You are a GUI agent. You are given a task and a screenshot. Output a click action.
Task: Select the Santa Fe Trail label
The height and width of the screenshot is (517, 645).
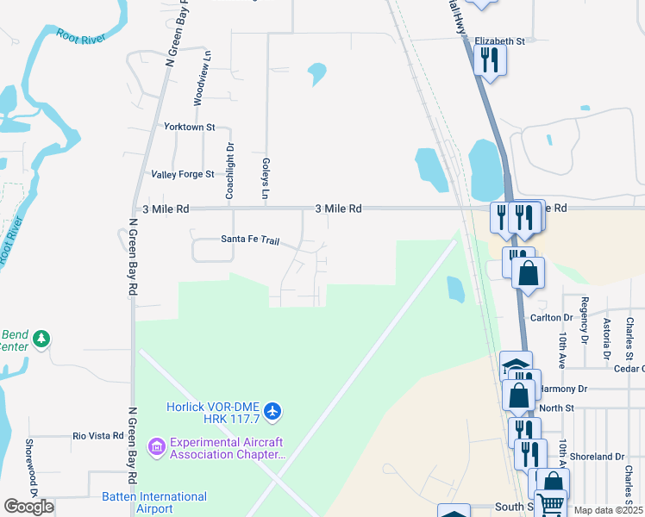(250, 240)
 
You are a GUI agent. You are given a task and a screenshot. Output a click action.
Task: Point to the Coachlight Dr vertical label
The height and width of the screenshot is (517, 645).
(230, 171)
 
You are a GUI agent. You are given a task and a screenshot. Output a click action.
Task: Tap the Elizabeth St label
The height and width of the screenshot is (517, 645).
(499, 40)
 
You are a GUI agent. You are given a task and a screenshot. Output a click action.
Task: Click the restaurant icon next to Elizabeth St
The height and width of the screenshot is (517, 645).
(490, 60)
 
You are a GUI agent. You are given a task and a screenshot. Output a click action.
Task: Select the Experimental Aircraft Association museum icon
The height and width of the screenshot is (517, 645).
(156, 446)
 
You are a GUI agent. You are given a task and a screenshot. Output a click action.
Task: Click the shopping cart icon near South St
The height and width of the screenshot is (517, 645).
(549, 501)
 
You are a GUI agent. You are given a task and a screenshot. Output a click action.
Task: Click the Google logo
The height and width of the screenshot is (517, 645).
(29, 507)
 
